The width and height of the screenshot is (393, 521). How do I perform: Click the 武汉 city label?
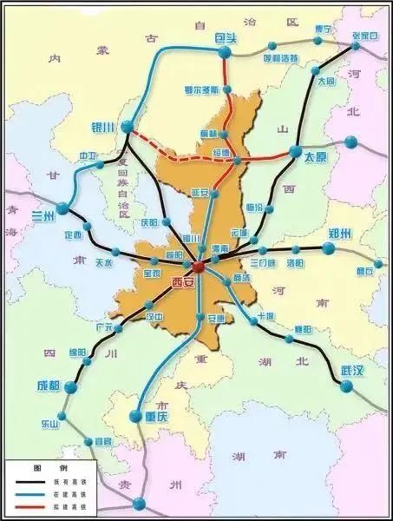pyautogui.click(x=352, y=371)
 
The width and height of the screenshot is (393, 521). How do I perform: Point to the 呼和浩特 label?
pyautogui.click(x=280, y=58)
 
